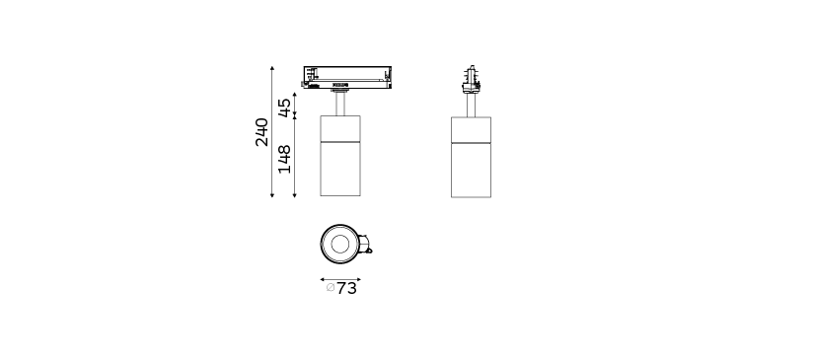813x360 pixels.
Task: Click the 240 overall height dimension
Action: tap(262, 132)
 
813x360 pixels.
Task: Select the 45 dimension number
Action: tap(285, 108)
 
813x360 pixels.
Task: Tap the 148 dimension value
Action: tap(285, 159)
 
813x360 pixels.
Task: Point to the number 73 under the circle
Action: tap(346, 289)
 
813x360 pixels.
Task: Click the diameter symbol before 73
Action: tap(331, 287)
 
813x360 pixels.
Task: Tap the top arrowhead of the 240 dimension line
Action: tap(272, 68)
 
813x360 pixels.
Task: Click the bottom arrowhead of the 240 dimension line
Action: tap(272, 195)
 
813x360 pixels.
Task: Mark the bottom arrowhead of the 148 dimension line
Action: tap(294, 195)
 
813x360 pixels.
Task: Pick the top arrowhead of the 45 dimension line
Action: tap(294, 95)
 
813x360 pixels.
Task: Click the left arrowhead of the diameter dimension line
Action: tap(322, 279)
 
